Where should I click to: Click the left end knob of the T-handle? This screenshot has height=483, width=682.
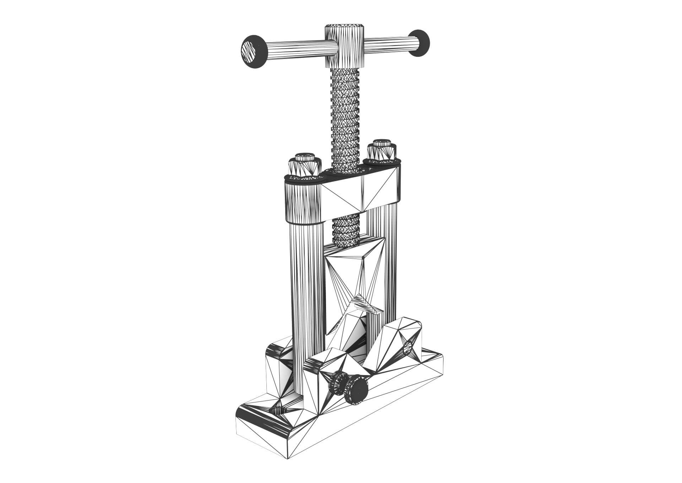coord(253,51)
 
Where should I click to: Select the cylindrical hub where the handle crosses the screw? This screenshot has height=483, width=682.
coord(344,46)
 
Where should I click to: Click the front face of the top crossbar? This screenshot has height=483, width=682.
coord(359,194)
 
